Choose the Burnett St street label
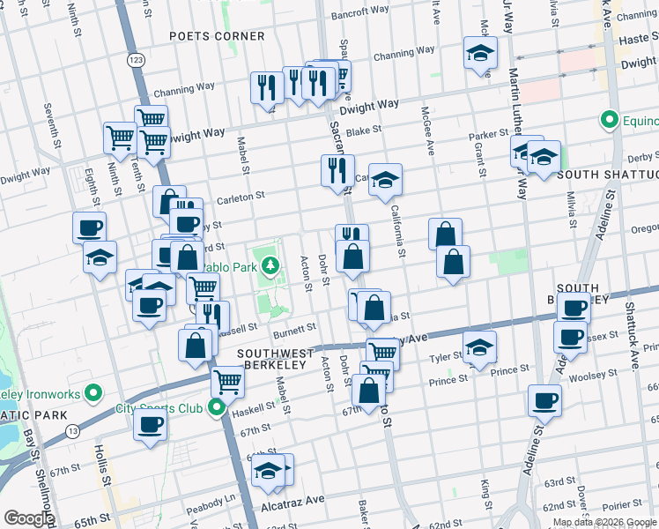click(x=293, y=328)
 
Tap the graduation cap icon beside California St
click(x=385, y=181)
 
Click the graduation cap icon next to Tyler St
click(x=479, y=346)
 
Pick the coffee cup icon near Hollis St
click(x=150, y=424)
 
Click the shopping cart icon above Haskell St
click(x=227, y=382)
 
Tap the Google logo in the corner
click(x=28, y=518)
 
